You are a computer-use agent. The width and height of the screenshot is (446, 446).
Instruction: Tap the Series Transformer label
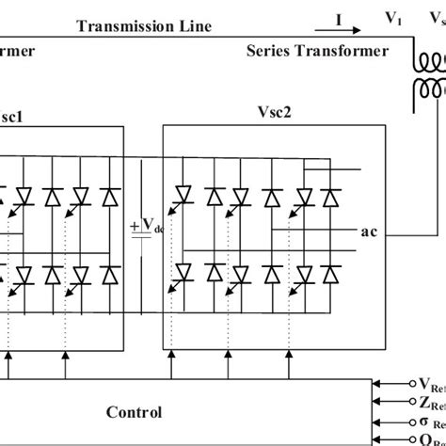click(x=317, y=52)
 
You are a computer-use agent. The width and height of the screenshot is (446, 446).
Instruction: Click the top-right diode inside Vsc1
click(x=110, y=197)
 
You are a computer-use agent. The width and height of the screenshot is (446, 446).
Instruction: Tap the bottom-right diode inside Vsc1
click(x=110, y=274)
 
